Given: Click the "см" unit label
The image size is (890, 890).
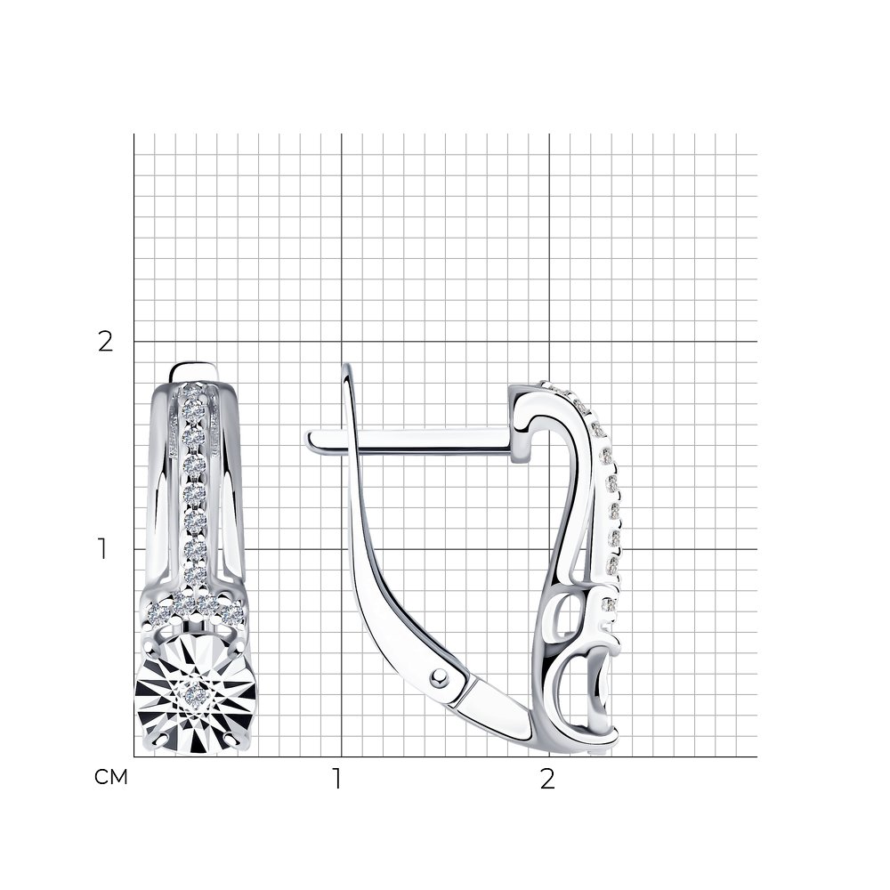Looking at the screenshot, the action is coord(110,777).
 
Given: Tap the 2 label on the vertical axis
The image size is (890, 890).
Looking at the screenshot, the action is coord(106,342).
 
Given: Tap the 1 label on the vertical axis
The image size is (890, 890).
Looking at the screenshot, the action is coord(102,549).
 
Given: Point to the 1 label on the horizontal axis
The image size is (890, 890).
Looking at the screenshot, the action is coord(337,780).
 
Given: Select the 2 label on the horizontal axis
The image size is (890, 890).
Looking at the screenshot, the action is coord(547,780).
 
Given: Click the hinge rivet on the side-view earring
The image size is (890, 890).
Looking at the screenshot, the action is coord(438,676).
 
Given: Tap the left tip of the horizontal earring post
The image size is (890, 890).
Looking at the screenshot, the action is coord(307,441).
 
